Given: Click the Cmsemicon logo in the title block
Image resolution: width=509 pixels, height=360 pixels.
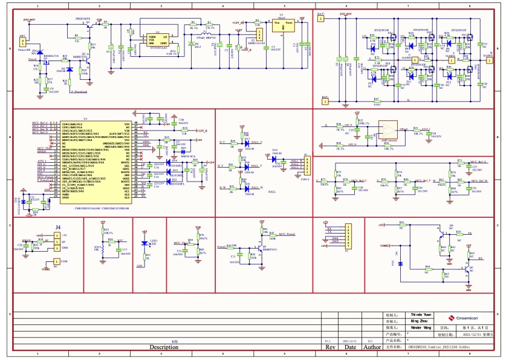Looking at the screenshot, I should pos(464,318).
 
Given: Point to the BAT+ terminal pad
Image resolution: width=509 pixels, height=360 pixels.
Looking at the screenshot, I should pos(320,19).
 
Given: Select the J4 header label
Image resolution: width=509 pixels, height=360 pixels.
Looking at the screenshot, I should pos(58,227).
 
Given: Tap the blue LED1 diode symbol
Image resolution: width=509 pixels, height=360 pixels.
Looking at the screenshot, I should pos(144,243).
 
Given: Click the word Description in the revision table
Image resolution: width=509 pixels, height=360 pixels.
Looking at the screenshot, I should pos(164,347).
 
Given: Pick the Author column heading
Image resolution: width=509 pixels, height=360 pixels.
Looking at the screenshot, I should pos(372,347).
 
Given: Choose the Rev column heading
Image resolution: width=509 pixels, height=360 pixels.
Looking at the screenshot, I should pos(331,347).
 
